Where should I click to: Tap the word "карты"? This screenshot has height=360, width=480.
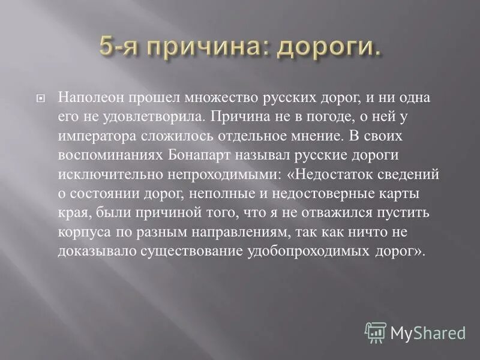(x=419, y=194)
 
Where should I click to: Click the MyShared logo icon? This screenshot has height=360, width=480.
(x=376, y=332)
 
